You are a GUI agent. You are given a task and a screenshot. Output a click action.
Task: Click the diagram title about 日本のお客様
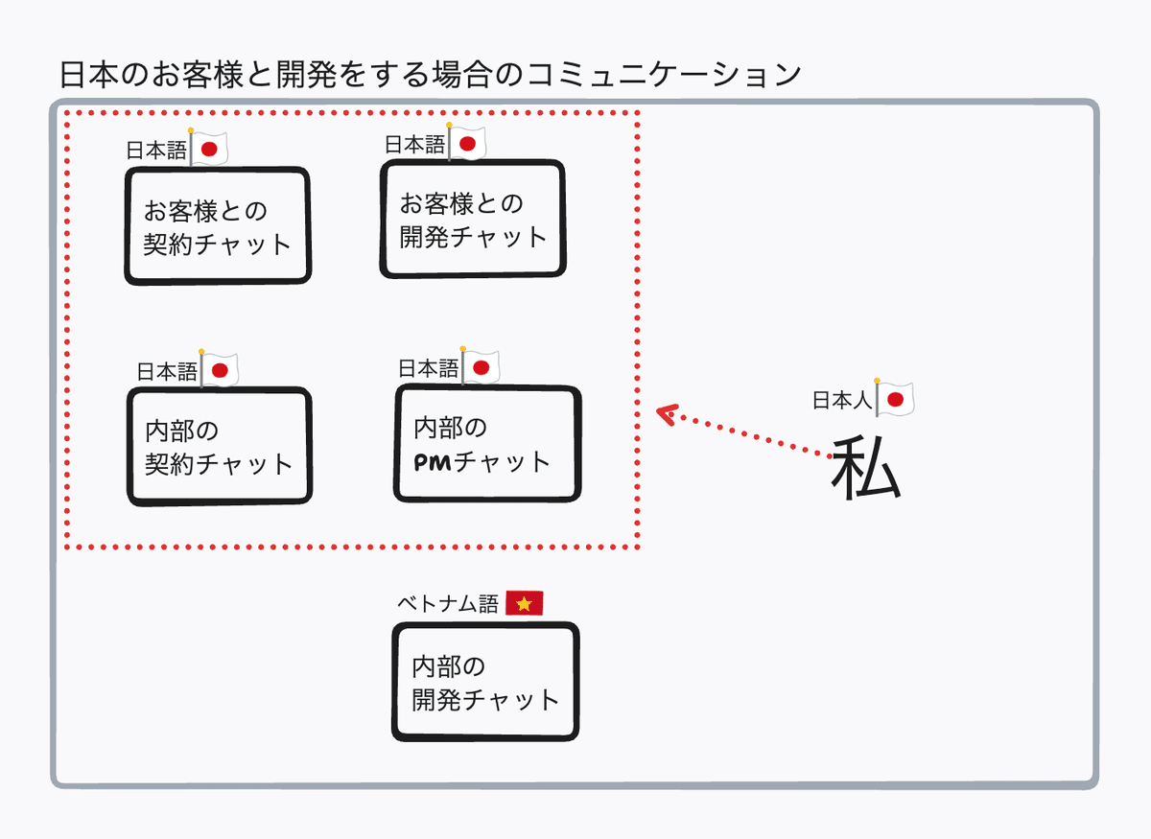pyautogui.click(x=430, y=75)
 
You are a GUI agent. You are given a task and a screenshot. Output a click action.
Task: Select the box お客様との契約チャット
pyautogui.click(x=218, y=226)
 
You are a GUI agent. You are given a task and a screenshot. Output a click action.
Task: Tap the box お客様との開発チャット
pyautogui.click(x=473, y=220)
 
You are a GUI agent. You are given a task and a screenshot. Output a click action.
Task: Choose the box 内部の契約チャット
pyautogui.click(x=219, y=447)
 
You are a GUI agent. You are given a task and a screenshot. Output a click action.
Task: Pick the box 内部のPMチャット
pyautogui.click(x=487, y=444)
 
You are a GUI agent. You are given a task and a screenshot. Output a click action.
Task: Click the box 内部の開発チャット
pyautogui.click(x=485, y=682)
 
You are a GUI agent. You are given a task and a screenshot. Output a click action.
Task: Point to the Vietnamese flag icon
pyautogui.click(x=525, y=603)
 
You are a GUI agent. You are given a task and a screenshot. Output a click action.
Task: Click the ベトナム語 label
pyautogui.click(x=448, y=604)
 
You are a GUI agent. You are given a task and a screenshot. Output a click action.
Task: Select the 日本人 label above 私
pyautogui.click(x=841, y=401)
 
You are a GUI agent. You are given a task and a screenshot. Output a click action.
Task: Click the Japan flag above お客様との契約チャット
pyautogui.click(x=210, y=150)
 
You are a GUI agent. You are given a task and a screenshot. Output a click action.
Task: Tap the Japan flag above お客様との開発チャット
pyautogui.click(x=467, y=144)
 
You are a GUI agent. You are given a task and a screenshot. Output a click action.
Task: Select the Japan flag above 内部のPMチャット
pyautogui.click(x=481, y=366)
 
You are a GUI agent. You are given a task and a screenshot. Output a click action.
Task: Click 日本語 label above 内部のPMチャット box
pyautogui.click(x=428, y=368)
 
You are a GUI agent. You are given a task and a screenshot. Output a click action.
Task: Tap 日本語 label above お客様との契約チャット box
pyautogui.click(x=156, y=151)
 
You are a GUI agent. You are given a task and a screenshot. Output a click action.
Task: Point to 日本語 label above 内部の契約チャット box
pyautogui.click(x=167, y=372)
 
